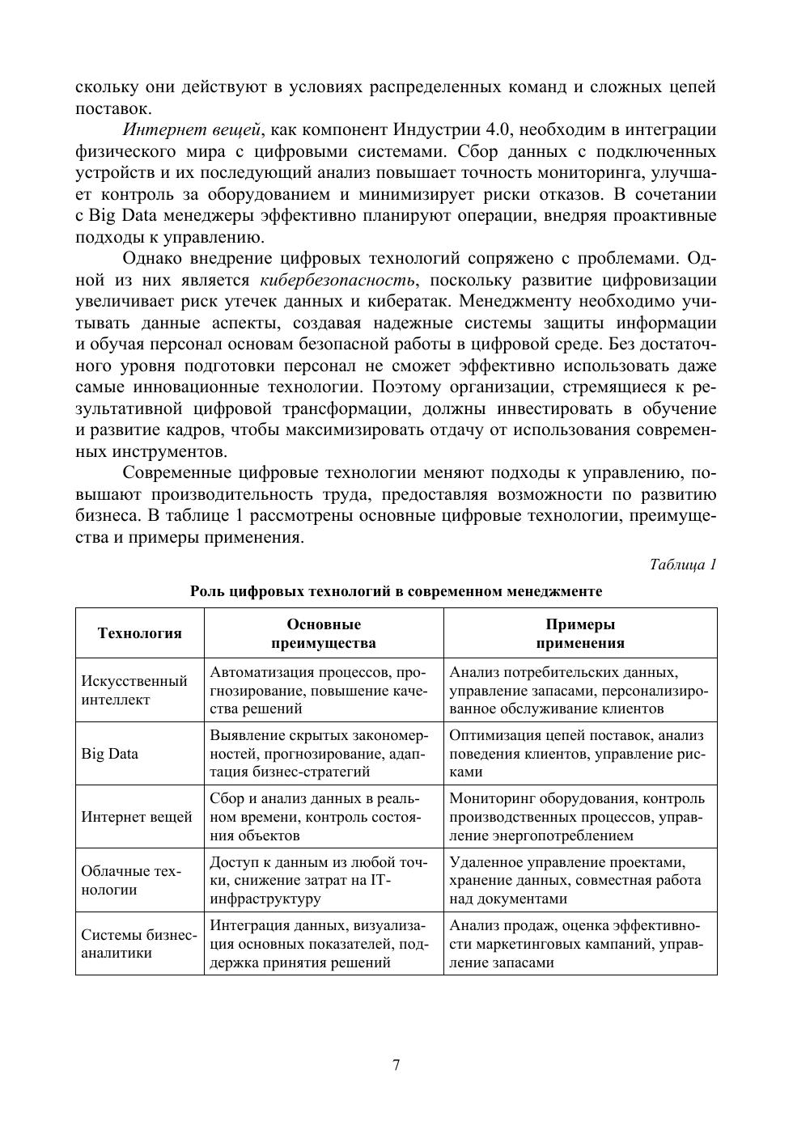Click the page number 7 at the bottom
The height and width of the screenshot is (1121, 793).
click(396, 1065)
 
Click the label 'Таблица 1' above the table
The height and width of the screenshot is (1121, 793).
click(683, 565)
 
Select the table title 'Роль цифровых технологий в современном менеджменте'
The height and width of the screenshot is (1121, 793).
click(396, 591)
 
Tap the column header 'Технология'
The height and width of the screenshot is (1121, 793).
click(139, 633)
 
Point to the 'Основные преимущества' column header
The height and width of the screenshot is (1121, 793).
click(324, 633)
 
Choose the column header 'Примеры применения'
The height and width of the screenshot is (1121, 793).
click(580, 633)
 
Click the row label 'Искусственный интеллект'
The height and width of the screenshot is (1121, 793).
click(134, 690)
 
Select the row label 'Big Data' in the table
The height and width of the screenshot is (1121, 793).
click(109, 754)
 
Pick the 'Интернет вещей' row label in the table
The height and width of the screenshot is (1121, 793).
click(137, 817)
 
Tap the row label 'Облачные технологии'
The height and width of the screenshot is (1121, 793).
click(131, 880)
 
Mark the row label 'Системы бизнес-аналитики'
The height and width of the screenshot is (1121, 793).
click(138, 943)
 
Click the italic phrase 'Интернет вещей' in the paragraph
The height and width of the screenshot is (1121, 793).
click(192, 130)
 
